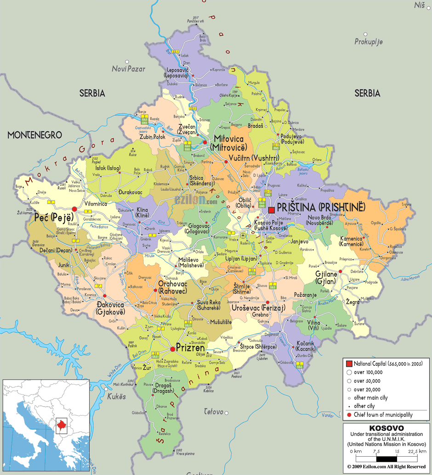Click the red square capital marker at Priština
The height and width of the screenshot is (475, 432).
pyautogui.click(x=271, y=210)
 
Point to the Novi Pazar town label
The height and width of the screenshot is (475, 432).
pyautogui.click(x=129, y=69)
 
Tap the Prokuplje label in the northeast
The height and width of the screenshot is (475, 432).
pyautogui.click(x=369, y=42)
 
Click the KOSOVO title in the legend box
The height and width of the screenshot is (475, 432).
pyautogui.click(x=387, y=428)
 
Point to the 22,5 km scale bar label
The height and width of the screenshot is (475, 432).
pyautogui.click(x=416, y=452)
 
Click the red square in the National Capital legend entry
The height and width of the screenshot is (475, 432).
pyautogui.click(x=349, y=363)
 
